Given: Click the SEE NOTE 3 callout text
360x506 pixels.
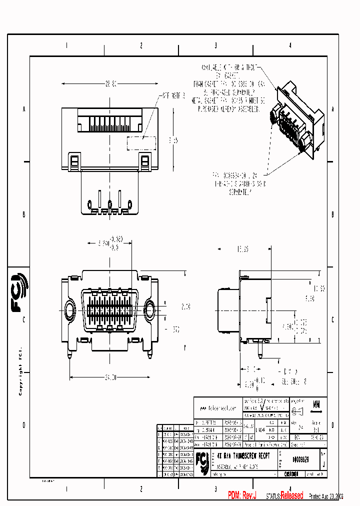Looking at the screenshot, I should [172, 95].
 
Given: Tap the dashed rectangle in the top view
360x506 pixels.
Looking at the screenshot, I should [142, 143].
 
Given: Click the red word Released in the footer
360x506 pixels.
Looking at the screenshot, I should [291, 495].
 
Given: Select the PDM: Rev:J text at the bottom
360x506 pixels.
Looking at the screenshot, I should [242, 495].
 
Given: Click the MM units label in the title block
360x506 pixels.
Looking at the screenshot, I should [316, 403].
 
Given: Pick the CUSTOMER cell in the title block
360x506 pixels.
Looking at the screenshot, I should [290, 473].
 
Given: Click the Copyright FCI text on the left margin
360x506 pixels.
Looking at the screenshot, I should [20, 370].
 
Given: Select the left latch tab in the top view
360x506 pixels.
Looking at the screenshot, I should [74, 162].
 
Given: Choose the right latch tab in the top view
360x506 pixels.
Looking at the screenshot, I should [144, 162].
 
